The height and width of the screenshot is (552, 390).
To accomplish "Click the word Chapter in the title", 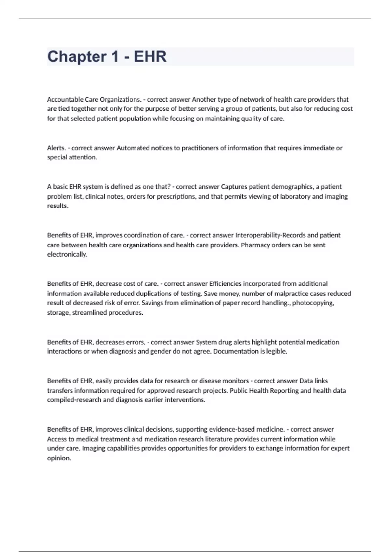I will click(77, 56).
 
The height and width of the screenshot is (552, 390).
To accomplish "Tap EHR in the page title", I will click(150, 56).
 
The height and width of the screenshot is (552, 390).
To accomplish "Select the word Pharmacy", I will click(255, 245).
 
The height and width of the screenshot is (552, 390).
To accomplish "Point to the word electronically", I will click(67, 254).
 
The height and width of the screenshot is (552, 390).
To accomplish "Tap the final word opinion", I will click(59, 458).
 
